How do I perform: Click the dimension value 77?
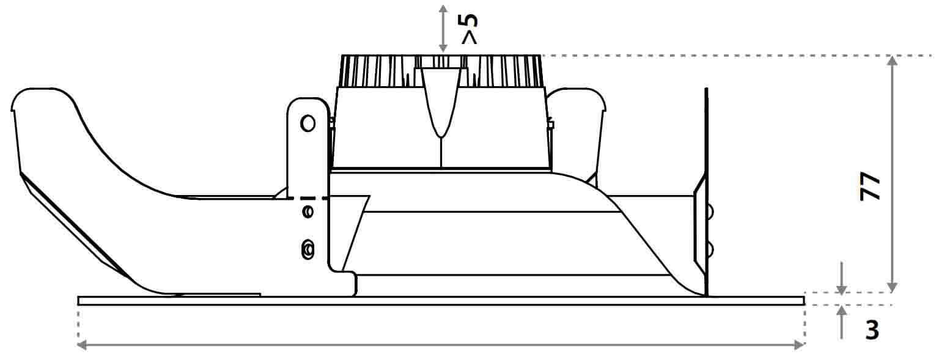(871, 186)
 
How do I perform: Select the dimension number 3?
(872, 330)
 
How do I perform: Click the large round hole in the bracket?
(308, 123)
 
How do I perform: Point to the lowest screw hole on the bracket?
(308, 249)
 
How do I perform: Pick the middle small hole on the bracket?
(308, 211)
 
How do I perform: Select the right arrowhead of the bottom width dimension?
(800, 345)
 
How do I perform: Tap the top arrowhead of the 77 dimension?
(892, 61)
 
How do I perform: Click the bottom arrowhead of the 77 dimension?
(892, 287)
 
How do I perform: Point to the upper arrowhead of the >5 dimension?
(443, 10)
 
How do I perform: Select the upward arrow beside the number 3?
(842, 322)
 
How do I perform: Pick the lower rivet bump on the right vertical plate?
(709, 250)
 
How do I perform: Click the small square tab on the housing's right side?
(551, 125)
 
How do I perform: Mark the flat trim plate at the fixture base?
(441, 301)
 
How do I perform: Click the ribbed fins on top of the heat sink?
(441, 71)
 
